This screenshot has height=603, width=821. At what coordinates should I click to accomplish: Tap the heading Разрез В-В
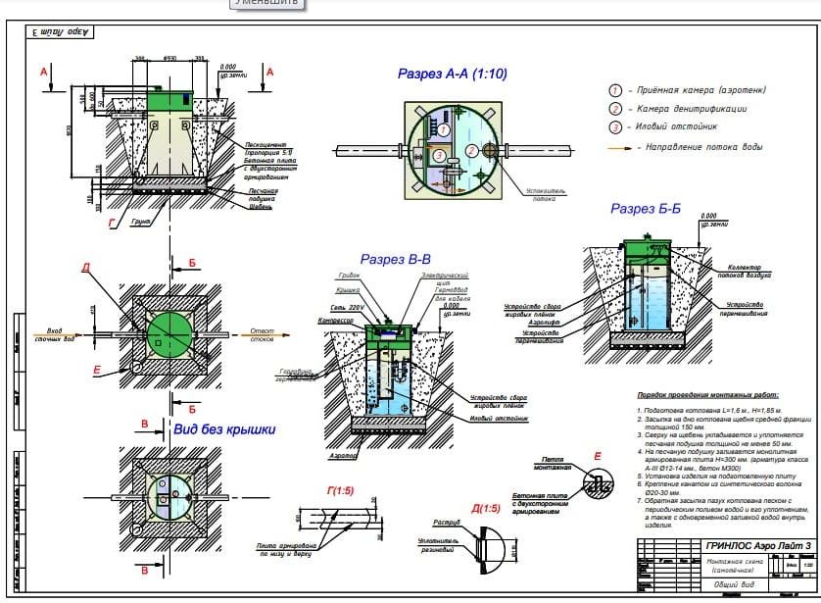pyautogui.click(x=396, y=260)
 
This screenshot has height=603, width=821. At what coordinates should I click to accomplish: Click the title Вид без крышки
pyautogui.click(x=223, y=428)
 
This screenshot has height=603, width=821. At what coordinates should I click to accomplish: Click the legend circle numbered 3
pyautogui.click(x=616, y=127)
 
